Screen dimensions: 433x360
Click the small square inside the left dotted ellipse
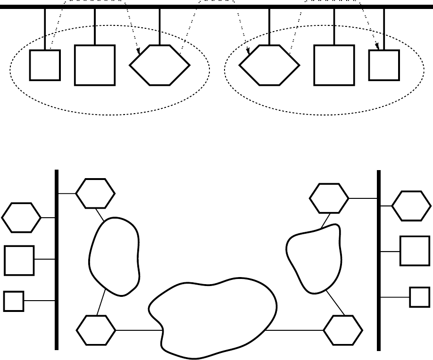(x=45, y=65)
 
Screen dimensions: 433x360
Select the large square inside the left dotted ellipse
(x=95, y=65)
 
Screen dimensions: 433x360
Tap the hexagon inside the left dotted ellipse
(x=159, y=65)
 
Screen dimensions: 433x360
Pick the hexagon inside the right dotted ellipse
(x=269, y=65)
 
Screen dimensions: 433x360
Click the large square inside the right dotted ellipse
(x=334, y=65)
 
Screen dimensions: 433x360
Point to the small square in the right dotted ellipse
(x=384, y=65)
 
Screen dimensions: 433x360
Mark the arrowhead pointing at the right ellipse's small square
(x=377, y=46)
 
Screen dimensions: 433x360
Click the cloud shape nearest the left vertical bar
(x=115, y=257)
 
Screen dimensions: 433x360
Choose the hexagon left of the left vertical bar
(x=21, y=217)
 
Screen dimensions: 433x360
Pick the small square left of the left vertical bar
(x=14, y=301)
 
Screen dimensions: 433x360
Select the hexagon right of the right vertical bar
(x=411, y=206)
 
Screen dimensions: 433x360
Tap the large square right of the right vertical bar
(x=415, y=251)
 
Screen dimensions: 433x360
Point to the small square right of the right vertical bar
(x=419, y=297)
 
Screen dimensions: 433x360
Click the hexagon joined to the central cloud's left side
(x=96, y=330)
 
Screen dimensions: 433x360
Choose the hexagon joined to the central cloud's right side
(x=343, y=330)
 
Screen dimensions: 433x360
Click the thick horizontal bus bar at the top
(x=216, y=7)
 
